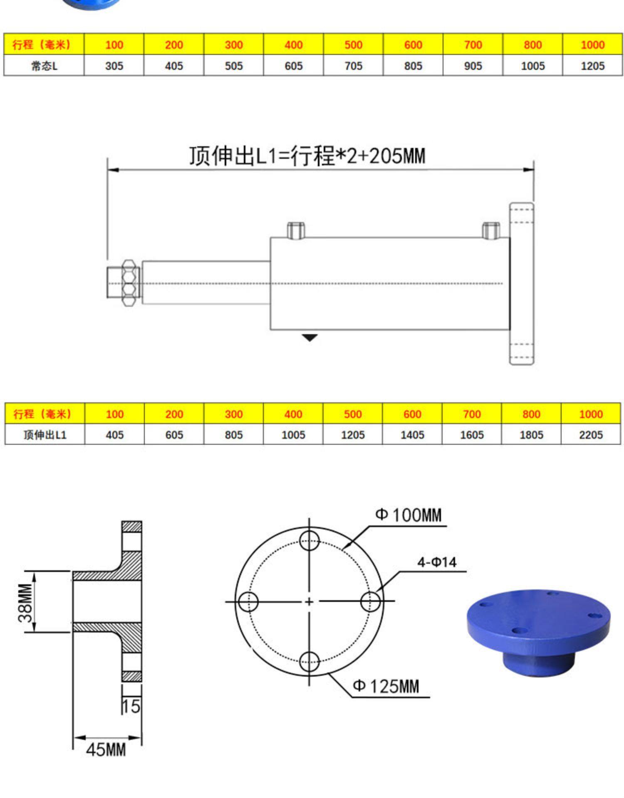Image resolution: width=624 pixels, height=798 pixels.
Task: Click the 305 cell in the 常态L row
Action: (114, 66)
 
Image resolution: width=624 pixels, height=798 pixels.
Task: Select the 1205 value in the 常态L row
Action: (592, 66)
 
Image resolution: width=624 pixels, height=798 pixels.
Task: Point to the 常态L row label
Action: (44, 66)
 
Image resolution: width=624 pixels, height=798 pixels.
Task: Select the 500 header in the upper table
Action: (353, 44)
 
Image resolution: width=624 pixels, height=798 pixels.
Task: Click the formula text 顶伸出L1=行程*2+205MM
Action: (307, 156)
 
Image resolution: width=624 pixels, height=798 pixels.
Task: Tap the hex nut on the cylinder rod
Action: (129, 283)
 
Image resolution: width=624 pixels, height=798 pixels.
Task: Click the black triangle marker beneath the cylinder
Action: (309, 337)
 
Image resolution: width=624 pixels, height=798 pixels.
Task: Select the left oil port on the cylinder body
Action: (296, 230)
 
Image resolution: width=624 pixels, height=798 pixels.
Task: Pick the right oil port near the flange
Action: (490, 230)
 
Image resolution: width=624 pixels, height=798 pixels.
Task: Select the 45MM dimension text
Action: (106, 750)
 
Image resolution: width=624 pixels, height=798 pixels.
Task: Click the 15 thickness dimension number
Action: (131, 706)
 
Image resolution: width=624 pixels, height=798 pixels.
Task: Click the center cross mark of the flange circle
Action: (309, 601)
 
